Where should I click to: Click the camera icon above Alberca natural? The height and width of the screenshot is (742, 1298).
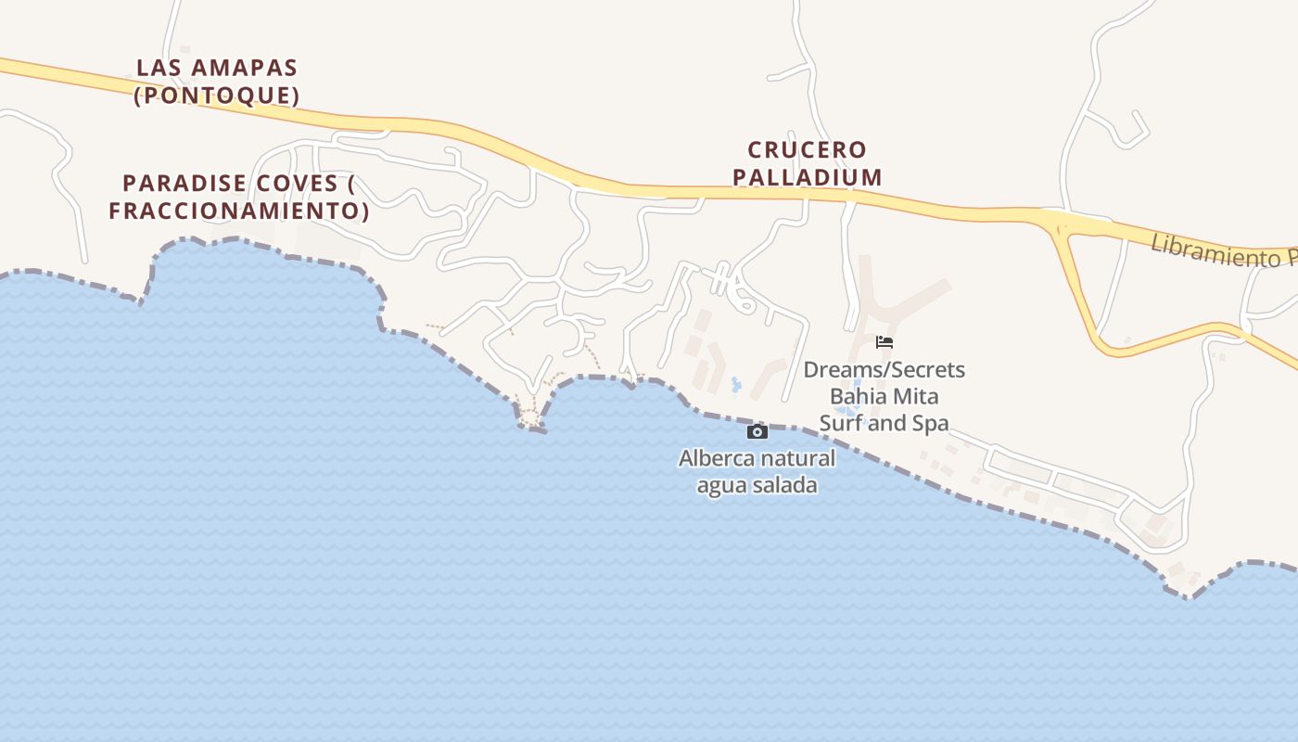click(757, 431)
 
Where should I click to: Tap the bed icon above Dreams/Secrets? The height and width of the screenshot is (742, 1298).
click(884, 342)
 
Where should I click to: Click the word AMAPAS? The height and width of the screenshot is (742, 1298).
click(240, 68)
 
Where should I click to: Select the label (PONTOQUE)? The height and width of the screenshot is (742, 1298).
click(217, 96)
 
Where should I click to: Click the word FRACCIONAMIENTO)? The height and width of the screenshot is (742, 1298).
click(239, 211)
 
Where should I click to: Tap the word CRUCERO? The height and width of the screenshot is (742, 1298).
click(807, 149)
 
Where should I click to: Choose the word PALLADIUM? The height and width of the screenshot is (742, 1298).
click(807, 176)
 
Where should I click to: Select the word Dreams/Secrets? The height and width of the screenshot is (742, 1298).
click(884, 370)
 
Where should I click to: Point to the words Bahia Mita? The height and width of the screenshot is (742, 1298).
click(884, 397)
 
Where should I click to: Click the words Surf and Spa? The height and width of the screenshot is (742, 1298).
click(884, 424)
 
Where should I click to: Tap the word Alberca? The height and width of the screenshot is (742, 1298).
click(717, 458)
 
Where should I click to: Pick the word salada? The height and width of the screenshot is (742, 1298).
click(786, 485)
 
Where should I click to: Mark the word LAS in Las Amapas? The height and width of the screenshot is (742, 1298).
click(157, 68)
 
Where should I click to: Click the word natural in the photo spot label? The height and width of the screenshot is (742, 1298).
click(798, 458)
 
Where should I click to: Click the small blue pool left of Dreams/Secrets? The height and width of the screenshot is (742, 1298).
click(737, 383)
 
